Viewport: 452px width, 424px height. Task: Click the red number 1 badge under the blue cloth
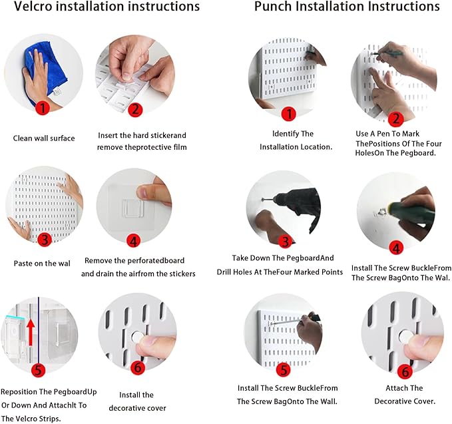(x=43, y=108)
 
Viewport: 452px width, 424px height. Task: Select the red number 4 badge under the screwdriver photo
(x=396, y=248)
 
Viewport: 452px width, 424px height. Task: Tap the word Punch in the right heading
(x=273, y=7)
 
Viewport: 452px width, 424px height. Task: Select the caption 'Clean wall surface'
(x=44, y=138)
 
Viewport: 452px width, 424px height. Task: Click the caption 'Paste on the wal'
(x=42, y=264)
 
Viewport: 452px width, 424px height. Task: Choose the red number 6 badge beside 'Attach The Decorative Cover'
(x=405, y=371)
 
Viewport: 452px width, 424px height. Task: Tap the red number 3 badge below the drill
(x=286, y=241)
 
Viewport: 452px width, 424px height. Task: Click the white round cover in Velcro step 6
(x=138, y=337)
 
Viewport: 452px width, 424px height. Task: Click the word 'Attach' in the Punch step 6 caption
(x=395, y=388)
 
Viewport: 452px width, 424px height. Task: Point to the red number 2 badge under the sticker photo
(x=135, y=110)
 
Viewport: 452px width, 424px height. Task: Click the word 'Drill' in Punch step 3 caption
(x=224, y=272)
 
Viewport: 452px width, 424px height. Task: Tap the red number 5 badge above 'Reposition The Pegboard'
(x=39, y=370)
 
